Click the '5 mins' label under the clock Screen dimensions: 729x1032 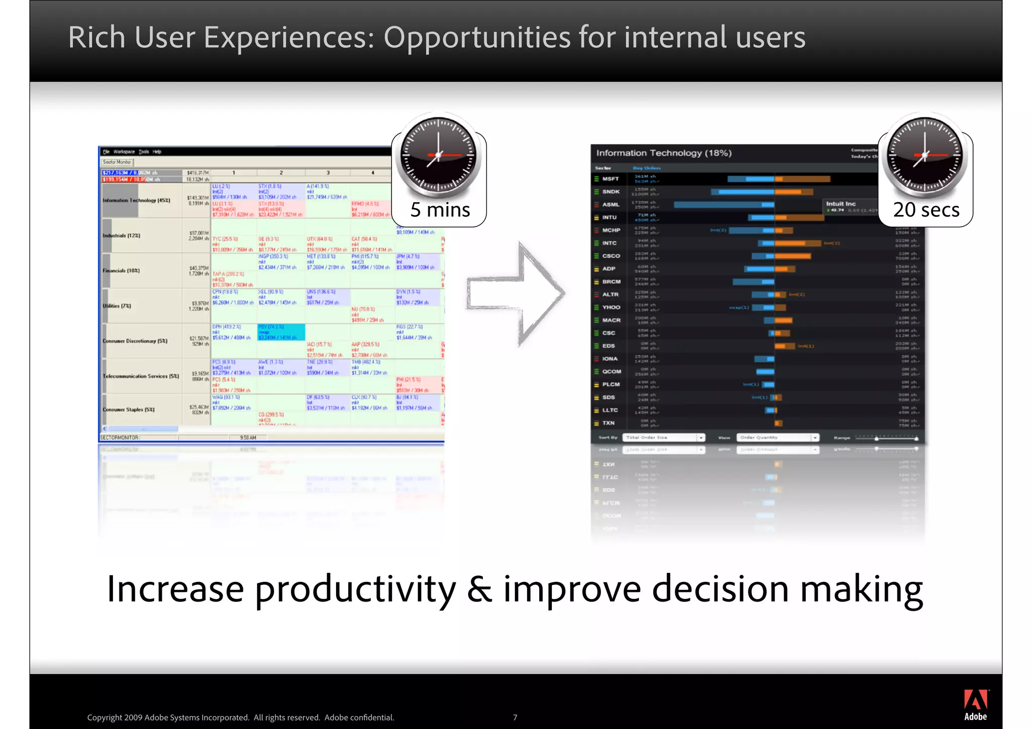pos(440,210)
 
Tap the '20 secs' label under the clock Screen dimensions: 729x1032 pos(926,210)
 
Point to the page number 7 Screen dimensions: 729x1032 pos(515,717)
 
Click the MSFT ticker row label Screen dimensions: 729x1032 pos(610,179)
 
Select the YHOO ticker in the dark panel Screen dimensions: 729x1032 pos(611,307)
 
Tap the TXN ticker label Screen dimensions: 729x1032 pos(608,423)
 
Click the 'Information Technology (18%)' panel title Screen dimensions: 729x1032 pos(664,153)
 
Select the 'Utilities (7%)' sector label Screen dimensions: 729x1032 pos(117,306)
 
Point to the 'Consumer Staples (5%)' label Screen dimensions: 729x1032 pos(128,410)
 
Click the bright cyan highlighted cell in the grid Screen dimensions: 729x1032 pos(281,332)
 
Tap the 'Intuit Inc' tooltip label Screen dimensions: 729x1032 pos(841,204)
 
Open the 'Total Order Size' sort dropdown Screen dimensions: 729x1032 pos(663,438)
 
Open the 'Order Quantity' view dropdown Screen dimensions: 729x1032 pos(777,438)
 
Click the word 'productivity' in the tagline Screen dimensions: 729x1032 pos(355,589)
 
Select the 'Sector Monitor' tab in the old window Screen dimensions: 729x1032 pos(117,162)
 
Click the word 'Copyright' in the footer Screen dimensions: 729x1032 pos(104,717)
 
